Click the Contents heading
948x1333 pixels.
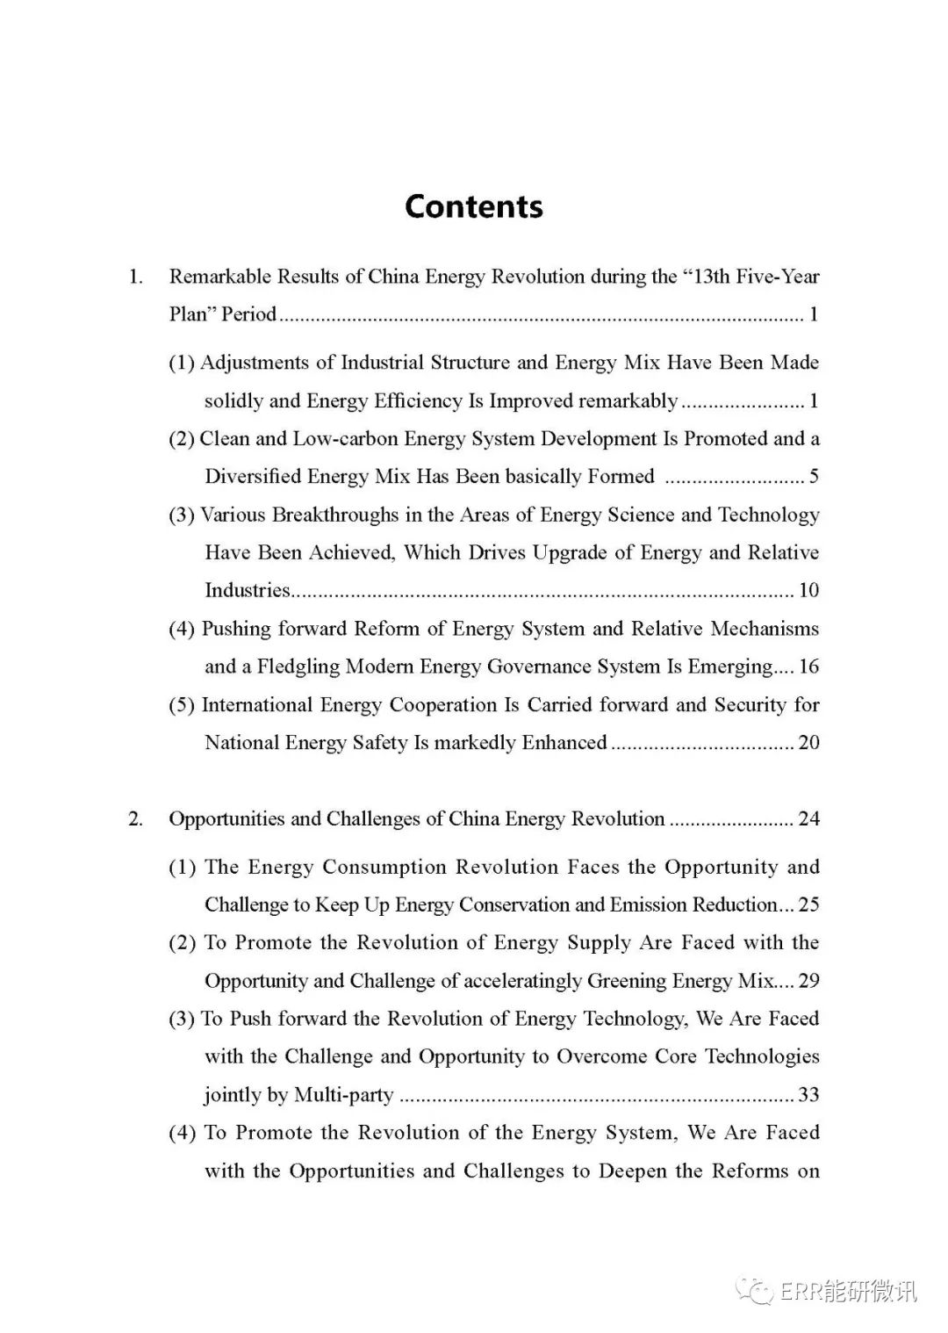(x=474, y=206)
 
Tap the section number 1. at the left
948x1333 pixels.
(x=136, y=277)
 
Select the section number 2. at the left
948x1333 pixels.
(x=136, y=819)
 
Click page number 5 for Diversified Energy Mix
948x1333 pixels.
(x=814, y=477)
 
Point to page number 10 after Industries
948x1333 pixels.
(x=808, y=590)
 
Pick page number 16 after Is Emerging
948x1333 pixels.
(x=808, y=666)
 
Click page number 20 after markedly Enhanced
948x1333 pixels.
(x=808, y=743)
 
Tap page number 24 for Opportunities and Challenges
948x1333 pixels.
(x=808, y=819)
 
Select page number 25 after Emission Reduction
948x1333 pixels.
(x=808, y=904)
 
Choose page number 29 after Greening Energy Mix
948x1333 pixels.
(x=808, y=981)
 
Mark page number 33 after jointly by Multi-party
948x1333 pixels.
(x=808, y=1095)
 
